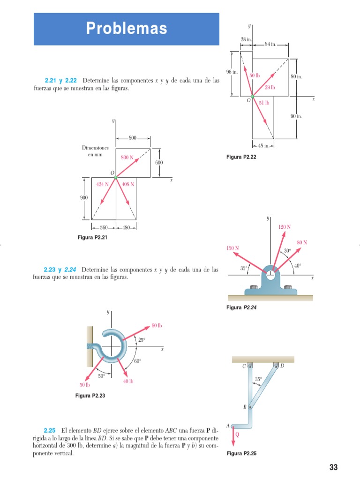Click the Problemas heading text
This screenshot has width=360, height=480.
[126, 29]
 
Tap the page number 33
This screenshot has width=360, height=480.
[333, 467]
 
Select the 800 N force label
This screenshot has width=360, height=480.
[127, 157]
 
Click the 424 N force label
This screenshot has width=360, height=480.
[102, 184]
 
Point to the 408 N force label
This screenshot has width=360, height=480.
[128, 184]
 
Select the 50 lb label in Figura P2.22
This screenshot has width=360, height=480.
[255, 75]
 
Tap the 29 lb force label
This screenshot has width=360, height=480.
[270, 87]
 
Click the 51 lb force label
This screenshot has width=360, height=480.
[264, 103]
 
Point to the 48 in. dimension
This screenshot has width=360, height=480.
[262, 145]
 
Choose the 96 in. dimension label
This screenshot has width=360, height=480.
[232, 72]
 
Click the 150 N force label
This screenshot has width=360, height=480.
[233, 248]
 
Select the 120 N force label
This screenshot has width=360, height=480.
[285, 227]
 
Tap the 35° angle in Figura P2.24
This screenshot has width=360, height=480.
[243, 269]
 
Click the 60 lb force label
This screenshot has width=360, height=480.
[157, 325]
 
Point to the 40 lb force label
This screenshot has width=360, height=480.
[128, 382]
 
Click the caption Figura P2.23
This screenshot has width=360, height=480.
[90, 396]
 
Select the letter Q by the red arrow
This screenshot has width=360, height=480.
[237, 434]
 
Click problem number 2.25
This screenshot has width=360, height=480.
[50, 430]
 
